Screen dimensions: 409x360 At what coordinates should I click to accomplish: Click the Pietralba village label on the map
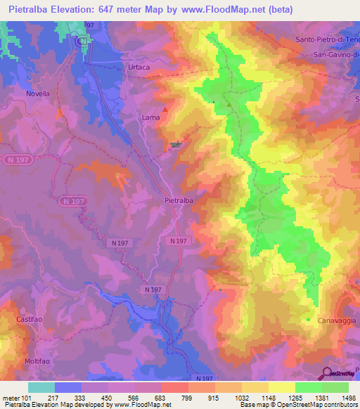click(x=179, y=200)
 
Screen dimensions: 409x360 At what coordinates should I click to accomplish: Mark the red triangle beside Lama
click(x=165, y=110)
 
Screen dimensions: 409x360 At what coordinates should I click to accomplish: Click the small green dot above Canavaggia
click(x=308, y=320)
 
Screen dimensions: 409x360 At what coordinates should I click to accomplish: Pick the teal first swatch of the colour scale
click(x=41, y=387)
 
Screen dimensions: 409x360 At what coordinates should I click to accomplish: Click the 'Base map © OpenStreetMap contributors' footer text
click(x=298, y=405)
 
